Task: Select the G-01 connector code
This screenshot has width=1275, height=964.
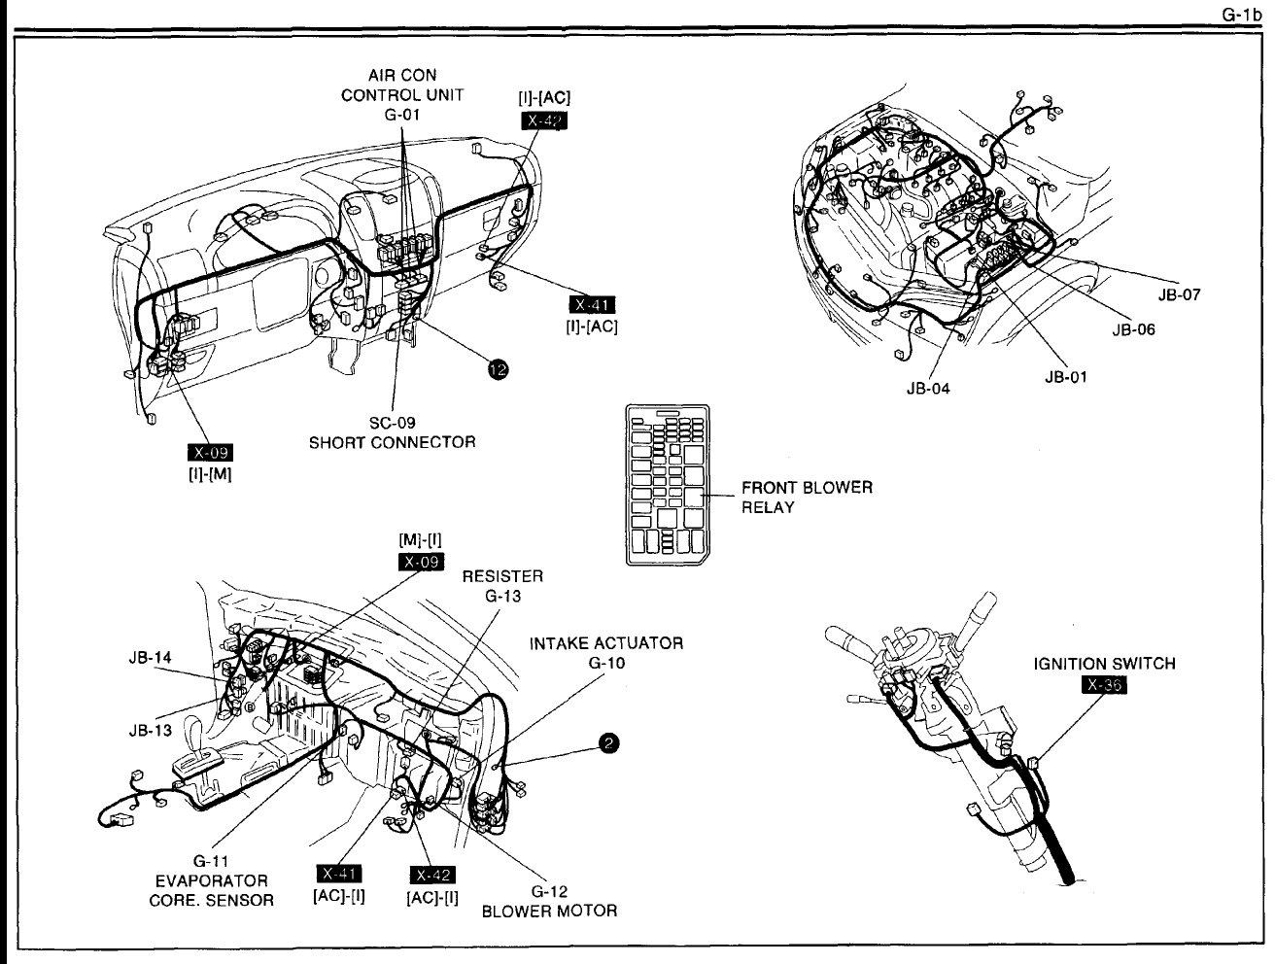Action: point(401,115)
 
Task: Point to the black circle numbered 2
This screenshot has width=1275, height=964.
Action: point(608,743)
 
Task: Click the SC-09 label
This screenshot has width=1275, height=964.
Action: point(393,424)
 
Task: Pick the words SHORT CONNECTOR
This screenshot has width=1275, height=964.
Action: point(393,442)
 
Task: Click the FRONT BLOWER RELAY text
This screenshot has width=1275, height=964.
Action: point(807,497)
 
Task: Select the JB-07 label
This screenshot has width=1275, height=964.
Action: point(1179,295)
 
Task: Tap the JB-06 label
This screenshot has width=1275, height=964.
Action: point(1133,329)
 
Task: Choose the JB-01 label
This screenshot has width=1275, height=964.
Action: point(1065,378)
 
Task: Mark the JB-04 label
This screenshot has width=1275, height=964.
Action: point(927,389)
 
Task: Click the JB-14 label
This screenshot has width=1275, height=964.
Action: point(150,657)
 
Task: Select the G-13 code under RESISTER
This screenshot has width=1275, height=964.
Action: point(503,596)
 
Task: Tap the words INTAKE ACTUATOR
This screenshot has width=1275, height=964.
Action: point(606,643)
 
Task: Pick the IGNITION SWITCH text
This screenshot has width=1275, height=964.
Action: point(1103,664)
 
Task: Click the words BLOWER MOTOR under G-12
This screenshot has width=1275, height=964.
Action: point(549,911)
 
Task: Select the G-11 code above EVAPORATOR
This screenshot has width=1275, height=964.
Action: point(211,861)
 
